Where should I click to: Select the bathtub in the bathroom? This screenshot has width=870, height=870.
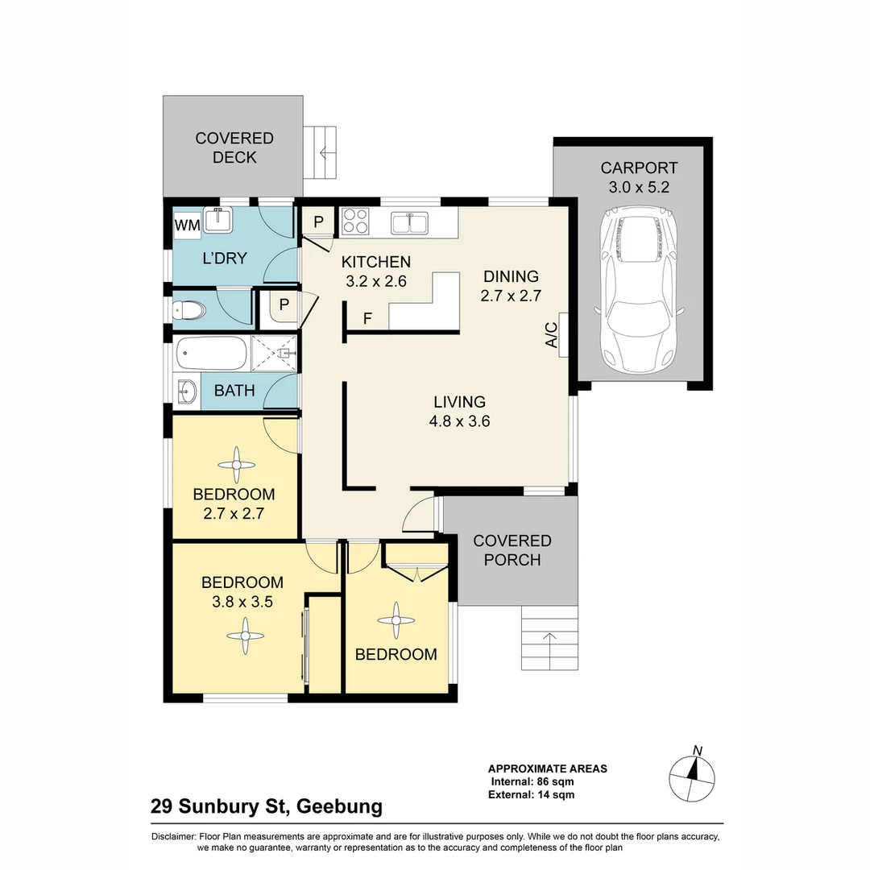[x=211, y=351]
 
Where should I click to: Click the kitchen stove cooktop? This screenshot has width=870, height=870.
[x=354, y=221]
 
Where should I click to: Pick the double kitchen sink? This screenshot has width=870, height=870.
[x=411, y=222]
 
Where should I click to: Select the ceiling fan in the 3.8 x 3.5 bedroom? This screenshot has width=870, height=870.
[x=244, y=636]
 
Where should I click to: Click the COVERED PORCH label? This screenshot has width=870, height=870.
[x=512, y=549]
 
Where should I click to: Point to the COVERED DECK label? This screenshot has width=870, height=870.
[x=234, y=147]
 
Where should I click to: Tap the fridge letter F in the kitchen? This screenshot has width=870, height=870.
[x=367, y=318]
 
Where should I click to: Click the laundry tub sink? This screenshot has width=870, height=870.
[x=216, y=219]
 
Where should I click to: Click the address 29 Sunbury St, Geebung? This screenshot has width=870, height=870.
[x=267, y=806]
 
